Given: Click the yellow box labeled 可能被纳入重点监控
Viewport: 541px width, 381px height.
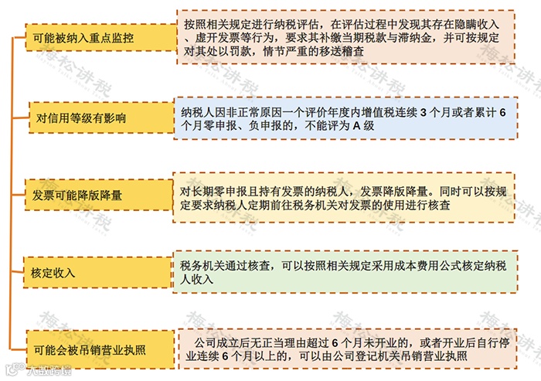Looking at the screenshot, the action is pos(83,37).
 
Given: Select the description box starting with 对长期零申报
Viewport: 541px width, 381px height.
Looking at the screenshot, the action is pos(345,196).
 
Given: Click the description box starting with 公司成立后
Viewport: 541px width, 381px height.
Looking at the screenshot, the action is pos(345,349).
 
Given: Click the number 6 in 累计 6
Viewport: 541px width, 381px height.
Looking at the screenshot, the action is pos(503,113).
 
